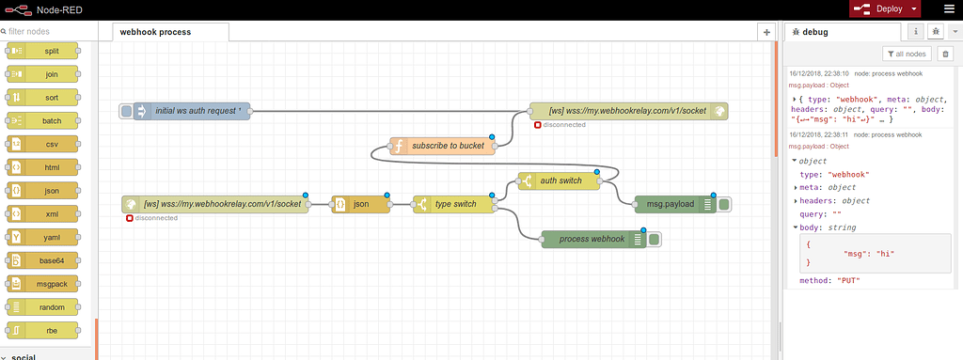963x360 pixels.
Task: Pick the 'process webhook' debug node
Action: coord(592,239)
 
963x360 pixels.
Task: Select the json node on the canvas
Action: coord(360,204)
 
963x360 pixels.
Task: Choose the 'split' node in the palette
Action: coord(51,51)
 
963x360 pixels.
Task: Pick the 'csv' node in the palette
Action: coord(51,144)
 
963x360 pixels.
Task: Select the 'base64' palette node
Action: coord(51,259)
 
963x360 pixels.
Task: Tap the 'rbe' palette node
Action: coord(51,329)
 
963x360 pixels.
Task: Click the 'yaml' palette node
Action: coord(51,236)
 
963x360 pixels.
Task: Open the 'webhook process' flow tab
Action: coord(156,32)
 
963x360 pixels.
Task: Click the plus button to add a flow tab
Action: coord(766,32)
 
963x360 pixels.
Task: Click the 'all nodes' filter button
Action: coord(908,55)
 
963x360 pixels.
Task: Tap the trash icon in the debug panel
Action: coord(946,55)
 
